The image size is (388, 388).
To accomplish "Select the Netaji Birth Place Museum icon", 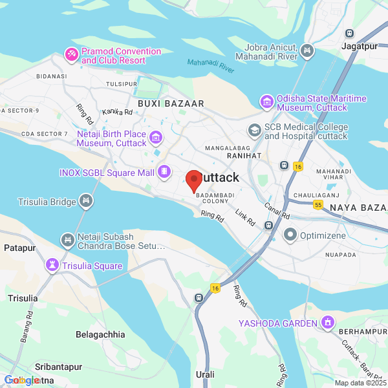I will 155,137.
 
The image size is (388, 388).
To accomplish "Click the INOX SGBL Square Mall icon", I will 164,172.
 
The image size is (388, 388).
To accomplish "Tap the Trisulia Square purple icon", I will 51,265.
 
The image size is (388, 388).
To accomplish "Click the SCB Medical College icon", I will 255,131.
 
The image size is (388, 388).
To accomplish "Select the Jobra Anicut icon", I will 307,50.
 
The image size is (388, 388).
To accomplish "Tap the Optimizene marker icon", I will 290,234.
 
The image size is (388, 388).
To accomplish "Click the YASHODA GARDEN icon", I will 329,322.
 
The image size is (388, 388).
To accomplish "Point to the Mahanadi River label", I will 211,65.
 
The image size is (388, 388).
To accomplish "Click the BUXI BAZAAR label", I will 171,103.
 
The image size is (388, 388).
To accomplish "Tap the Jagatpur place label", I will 360,46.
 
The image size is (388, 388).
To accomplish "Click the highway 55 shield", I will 318,204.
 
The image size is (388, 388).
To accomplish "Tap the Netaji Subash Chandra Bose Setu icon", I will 67,241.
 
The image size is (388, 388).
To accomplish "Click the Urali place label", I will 205,374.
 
